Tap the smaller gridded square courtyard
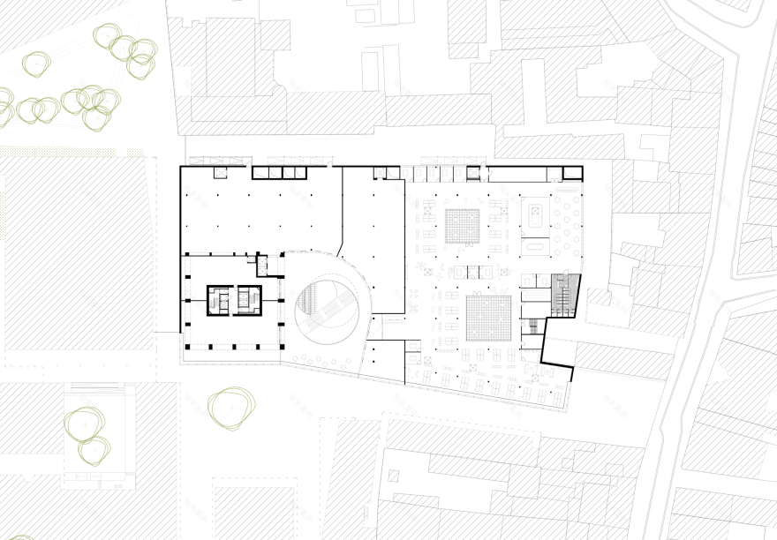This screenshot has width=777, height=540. [x=462, y=226]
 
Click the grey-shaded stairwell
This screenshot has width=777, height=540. [x=563, y=294]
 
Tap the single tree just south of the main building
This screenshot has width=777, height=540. [x=231, y=409]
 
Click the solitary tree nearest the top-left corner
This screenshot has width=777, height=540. [x=38, y=63]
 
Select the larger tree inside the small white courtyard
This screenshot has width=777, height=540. [x=85, y=422]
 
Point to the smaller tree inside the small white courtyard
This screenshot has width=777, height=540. [x=93, y=452]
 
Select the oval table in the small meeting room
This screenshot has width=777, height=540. [x=534, y=214]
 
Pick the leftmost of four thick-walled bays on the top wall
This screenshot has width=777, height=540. [x=263, y=172]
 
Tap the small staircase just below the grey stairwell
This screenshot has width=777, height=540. [x=532, y=327]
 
